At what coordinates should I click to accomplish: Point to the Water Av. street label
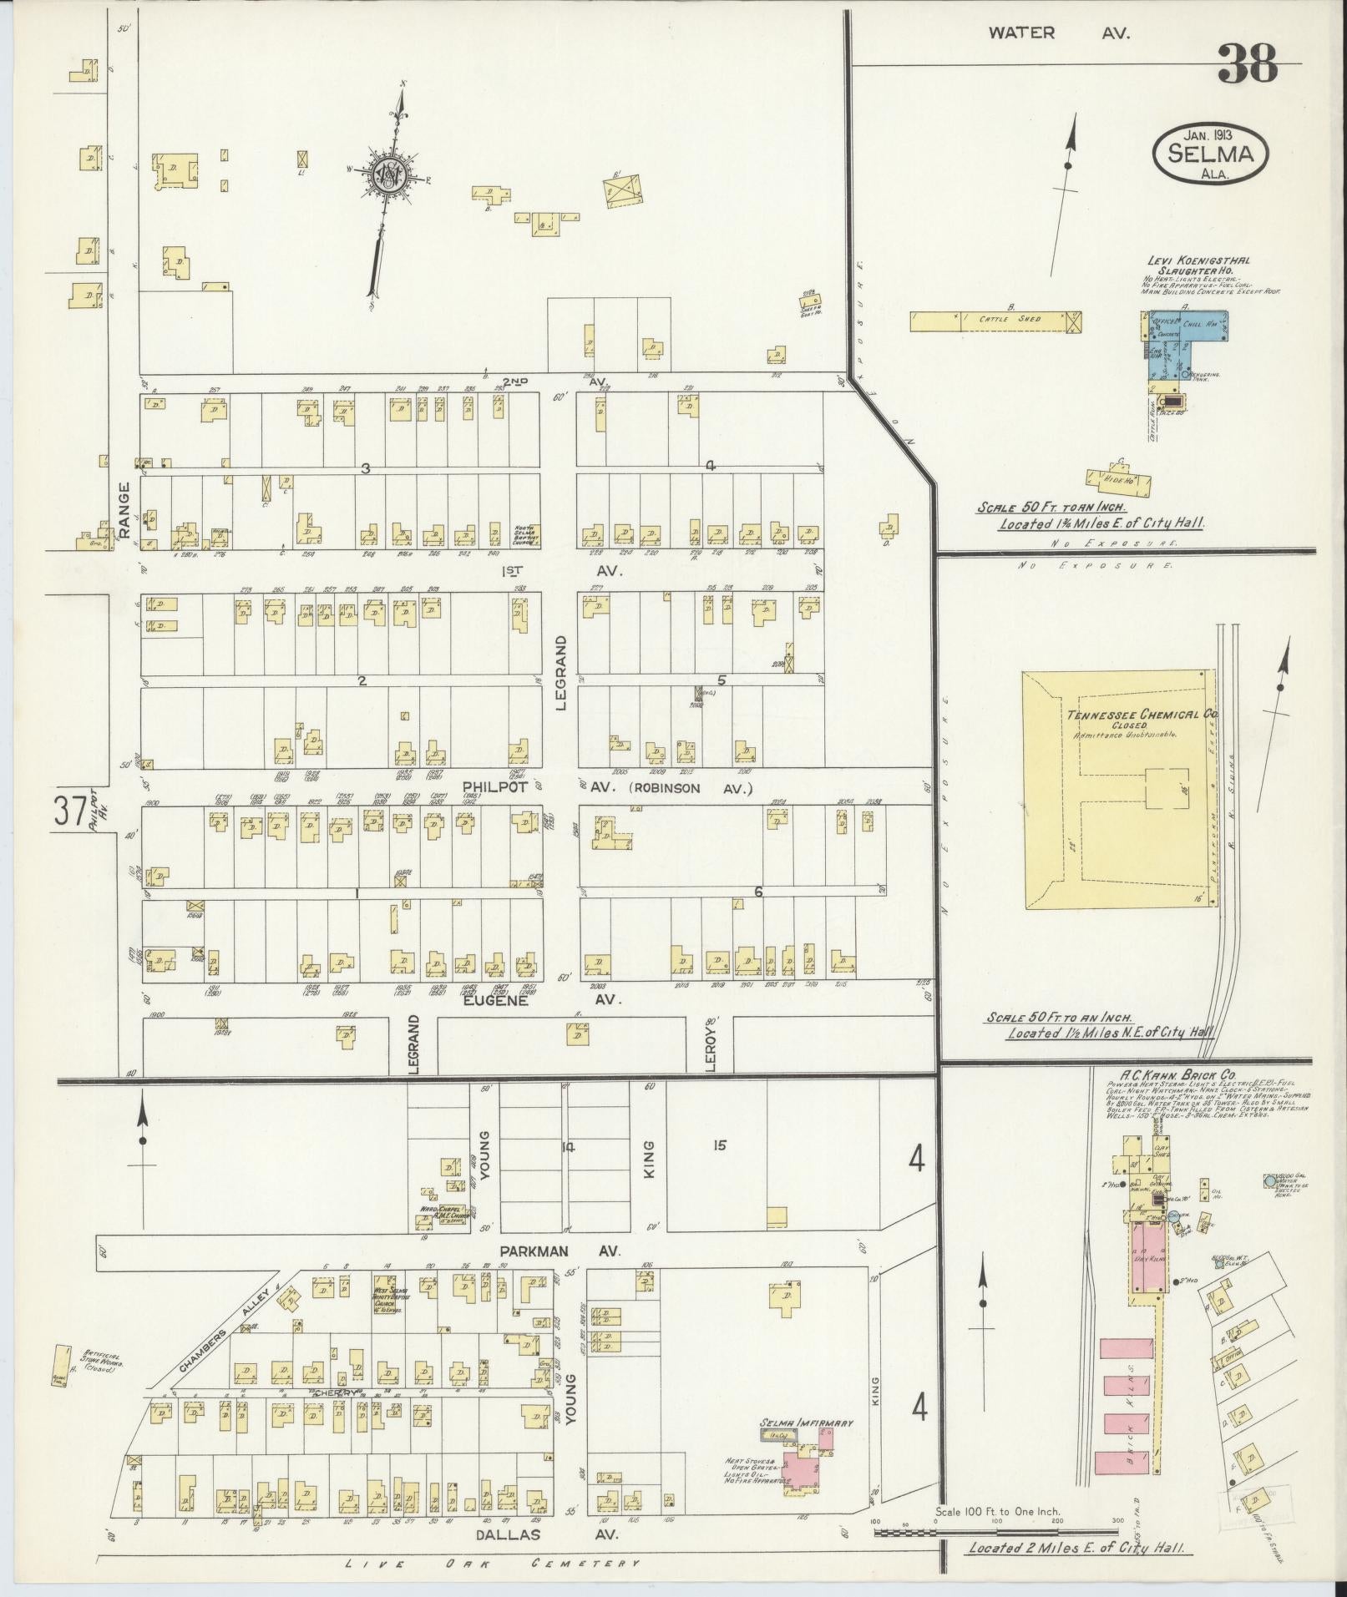[x=1058, y=33]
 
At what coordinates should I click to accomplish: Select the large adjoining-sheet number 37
[x=69, y=812]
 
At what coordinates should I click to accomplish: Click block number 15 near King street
[x=719, y=1145]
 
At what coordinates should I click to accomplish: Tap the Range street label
[x=125, y=508]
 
